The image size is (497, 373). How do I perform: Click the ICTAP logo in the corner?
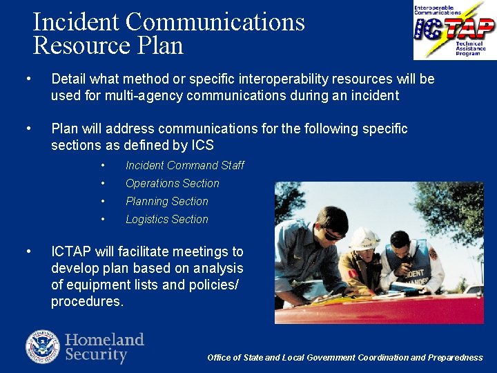point(454,30)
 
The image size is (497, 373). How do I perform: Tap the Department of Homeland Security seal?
point(43,347)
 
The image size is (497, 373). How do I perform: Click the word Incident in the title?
point(76,21)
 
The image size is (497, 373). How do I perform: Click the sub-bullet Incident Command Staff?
point(184,165)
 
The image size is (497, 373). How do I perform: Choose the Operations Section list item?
point(172,183)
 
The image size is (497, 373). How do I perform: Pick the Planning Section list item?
point(166,201)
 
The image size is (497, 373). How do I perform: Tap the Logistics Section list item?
point(166,219)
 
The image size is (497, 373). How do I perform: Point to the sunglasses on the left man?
point(334,235)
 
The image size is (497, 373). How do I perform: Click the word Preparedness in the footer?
point(456,357)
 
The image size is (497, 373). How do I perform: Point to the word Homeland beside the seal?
point(104,340)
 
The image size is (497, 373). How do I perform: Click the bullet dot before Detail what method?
point(27,79)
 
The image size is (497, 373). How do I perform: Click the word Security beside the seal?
point(96,355)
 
